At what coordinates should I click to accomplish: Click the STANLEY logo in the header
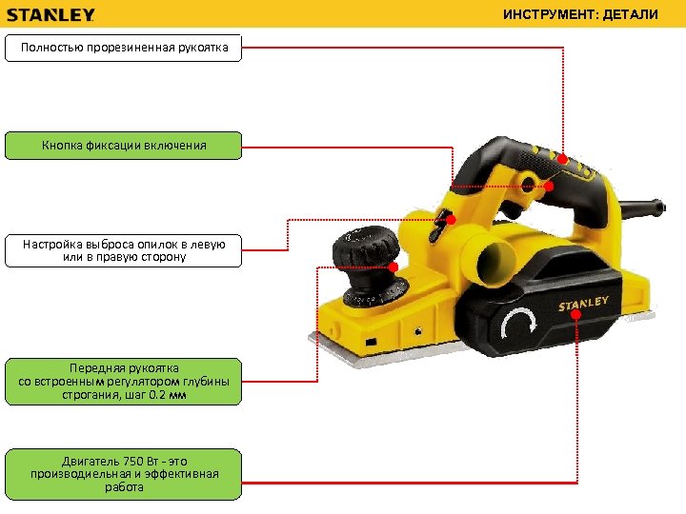(x=51, y=15)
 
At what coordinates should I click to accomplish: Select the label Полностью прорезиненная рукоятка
(x=124, y=48)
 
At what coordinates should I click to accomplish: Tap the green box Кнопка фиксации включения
(x=124, y=146)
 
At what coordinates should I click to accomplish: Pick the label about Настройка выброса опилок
(x=124, y=250)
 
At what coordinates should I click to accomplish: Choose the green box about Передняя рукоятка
(x=124, y=381)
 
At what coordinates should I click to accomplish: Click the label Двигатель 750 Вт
(x=124, y=474)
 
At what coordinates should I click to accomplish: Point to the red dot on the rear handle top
(x=563, y=159)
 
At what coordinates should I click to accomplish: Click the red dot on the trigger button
(x=549, y=187)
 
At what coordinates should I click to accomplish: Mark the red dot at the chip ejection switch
(x=451, y=220)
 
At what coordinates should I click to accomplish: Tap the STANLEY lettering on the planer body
(x=583, y=304)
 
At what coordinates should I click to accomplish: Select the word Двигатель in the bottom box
(x=91, y=462)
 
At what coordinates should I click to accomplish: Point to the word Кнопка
(x=62, y=146)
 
